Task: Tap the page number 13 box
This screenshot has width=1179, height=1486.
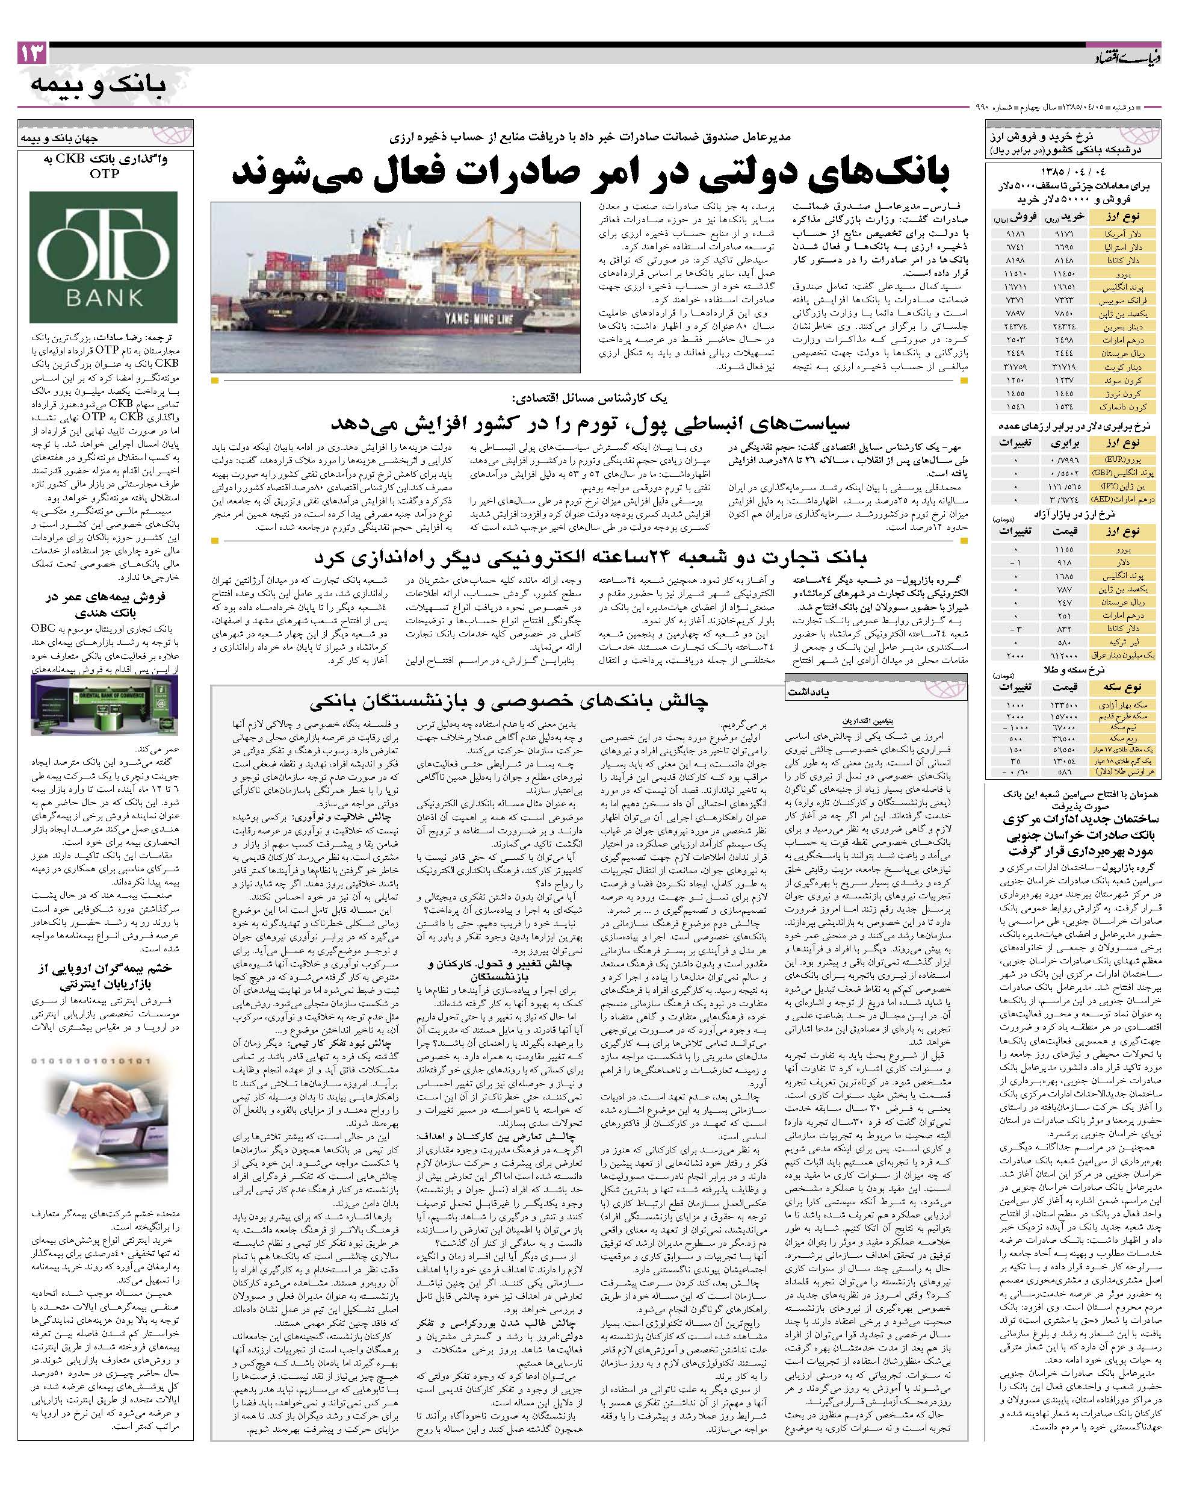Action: (32, 54)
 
